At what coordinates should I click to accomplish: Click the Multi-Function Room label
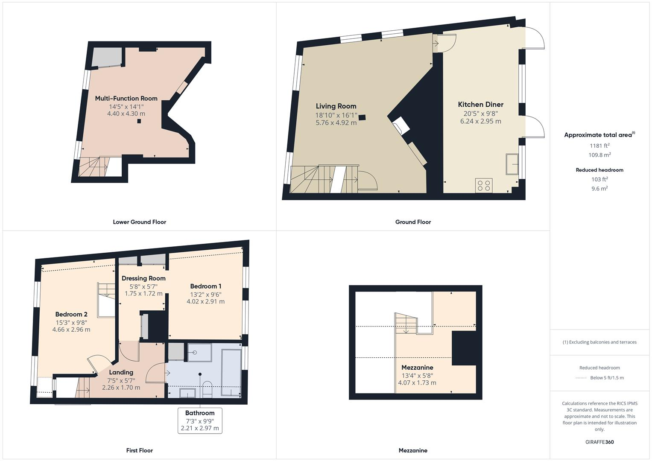(x=126, y=98)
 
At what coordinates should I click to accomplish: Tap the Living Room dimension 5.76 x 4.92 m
(x=336, y=123)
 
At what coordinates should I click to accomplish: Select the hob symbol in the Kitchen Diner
(x=483, y=186)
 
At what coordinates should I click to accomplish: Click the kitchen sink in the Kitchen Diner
(x=512, y=164)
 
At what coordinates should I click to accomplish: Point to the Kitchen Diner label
(x=480, y=105)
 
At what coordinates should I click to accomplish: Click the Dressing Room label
(x=143, y=278)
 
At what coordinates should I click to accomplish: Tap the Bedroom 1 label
(x=205, y=286)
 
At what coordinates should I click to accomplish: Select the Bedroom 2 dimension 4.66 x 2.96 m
(x=71, y=330)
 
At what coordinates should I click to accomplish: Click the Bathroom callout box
(x=200, y=420)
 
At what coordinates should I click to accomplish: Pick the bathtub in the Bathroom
(x=231, y=373)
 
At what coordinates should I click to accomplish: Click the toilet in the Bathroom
(x=207, y=389)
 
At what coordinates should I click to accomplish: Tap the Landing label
(x=121, y=372)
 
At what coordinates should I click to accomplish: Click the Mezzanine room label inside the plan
(x=417, y=368)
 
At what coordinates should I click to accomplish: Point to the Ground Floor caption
(x=413, y=222)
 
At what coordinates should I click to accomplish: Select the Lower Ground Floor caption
(x=139, y=222)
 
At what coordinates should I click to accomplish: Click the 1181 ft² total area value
(x=599, y=146)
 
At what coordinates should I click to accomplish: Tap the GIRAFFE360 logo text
(x=599, y=442)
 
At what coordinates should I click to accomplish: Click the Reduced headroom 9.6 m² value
(x=599, y=188)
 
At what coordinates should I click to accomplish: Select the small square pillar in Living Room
(x=362, y=117)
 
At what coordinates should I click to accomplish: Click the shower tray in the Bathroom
(x=199, y=353)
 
